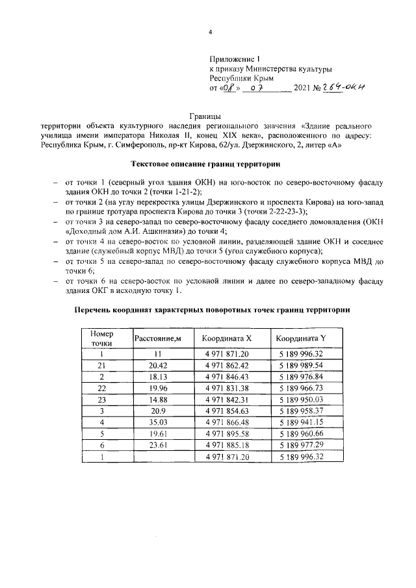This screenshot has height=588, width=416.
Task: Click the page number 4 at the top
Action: pyautogui.click(x=209, y=32)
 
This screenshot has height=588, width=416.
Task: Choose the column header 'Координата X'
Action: pyautogui.click(x=226, y=339)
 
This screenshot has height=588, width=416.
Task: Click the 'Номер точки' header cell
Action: pyautogui.click(x=102, y=339)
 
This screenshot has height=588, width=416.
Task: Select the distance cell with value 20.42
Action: pyautogui.click(x=157, y=365)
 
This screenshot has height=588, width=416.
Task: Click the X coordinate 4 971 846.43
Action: pyautogui.click(x=226, y=377)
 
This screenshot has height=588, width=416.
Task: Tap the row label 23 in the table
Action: pyautogui.click(x=102, y=400)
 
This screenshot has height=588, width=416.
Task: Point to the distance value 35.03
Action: pyautogui.click(x=157, y=424)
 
